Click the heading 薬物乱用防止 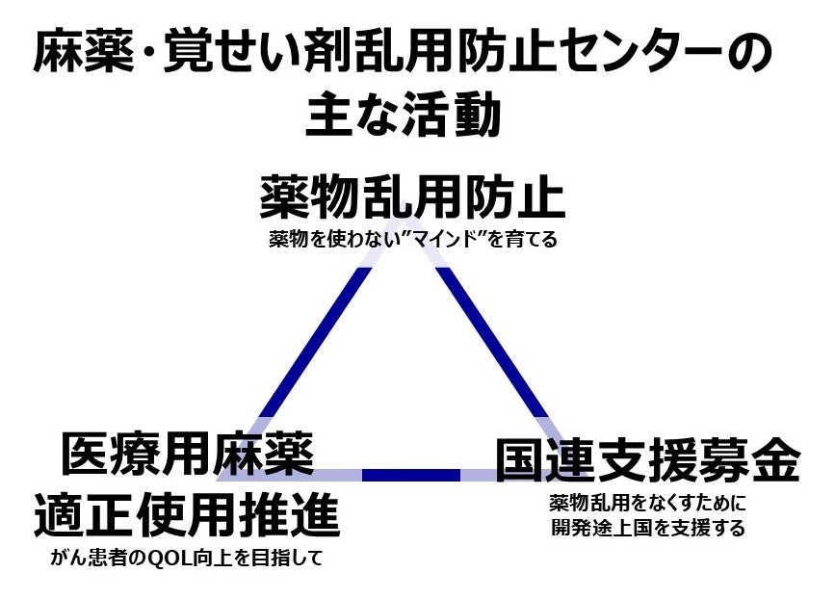click(x=411, y=198)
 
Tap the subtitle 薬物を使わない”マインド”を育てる click(x=412, y=240)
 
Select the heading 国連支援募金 click(x=647, y=461)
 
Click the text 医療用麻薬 click(x=188, y=454)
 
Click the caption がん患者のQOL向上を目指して click(x=187, y=559)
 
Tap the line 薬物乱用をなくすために click(x=648, y=504)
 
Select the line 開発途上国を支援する click(x=648, y=529)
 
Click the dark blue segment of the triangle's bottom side click(x=411, y=474)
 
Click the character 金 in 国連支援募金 click(x=775, y=461)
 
